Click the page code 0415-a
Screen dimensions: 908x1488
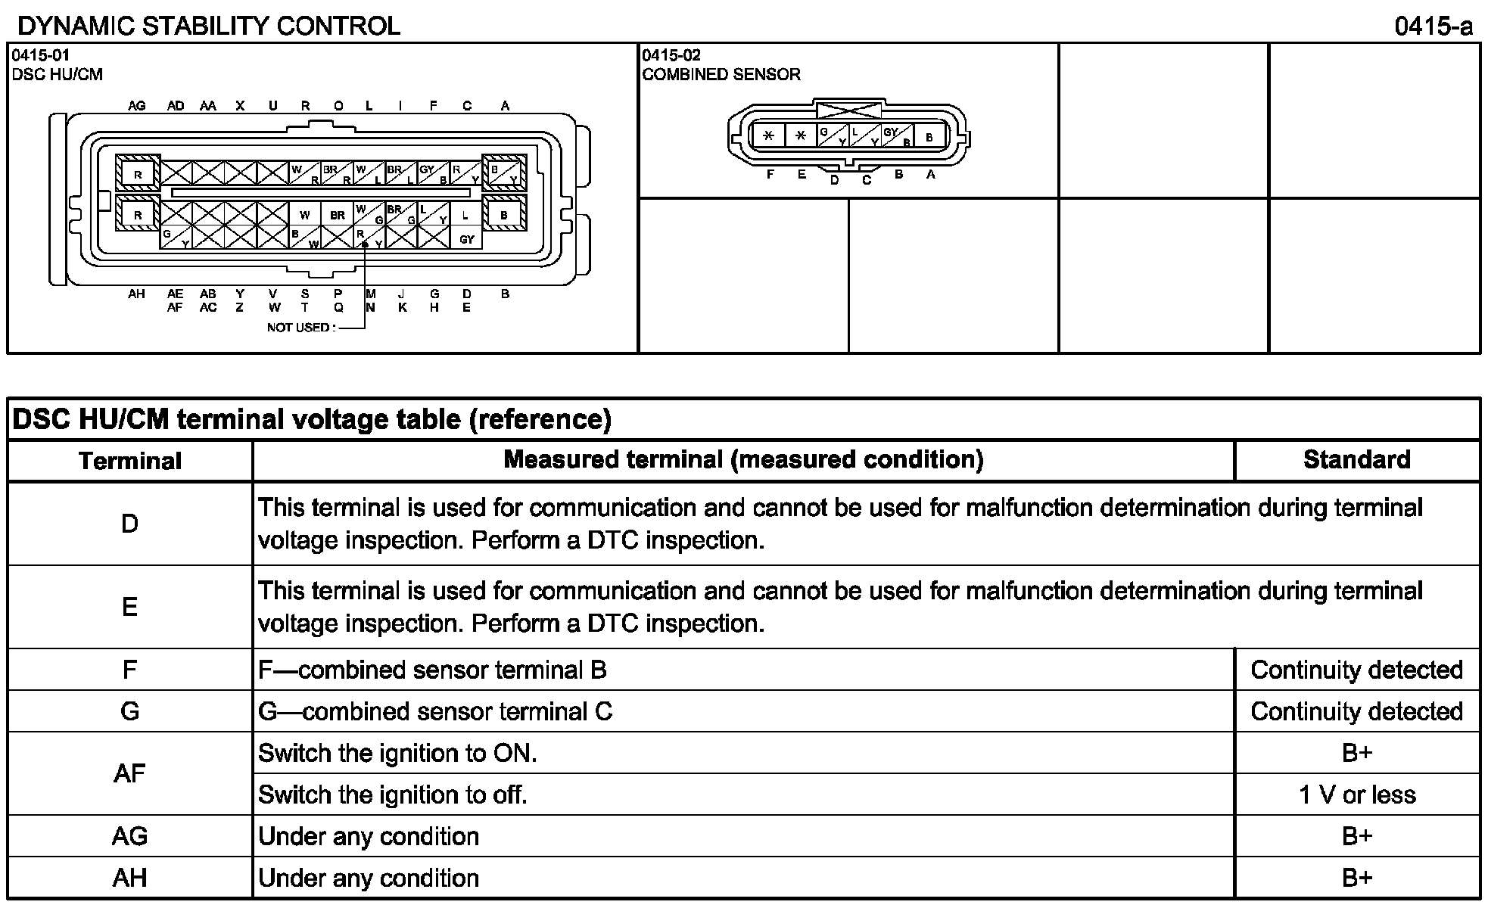[1434, 27]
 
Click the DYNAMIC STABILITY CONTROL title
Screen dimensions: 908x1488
[208, 26]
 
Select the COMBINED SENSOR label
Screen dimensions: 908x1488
[721, 74]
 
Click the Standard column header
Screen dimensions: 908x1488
[1356, 460]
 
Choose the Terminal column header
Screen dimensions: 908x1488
[130, 461]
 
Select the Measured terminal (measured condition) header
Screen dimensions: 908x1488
[743, 459]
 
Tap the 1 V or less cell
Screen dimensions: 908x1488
[1356, 794]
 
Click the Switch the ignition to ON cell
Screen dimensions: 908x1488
[397, 753]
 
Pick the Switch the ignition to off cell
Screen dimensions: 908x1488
[392, 794]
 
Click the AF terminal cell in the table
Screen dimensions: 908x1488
[129, 773]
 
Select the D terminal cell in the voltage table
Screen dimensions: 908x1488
[129, 524]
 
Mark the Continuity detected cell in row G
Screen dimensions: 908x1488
[1356, 711]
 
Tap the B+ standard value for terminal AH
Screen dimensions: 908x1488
[1356, 878]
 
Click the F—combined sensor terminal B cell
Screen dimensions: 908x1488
[432, 670]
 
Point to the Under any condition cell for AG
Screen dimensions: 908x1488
[369, 836]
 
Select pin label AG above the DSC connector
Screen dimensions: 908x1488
[137, 106]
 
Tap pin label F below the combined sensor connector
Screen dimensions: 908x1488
[770, 175]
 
